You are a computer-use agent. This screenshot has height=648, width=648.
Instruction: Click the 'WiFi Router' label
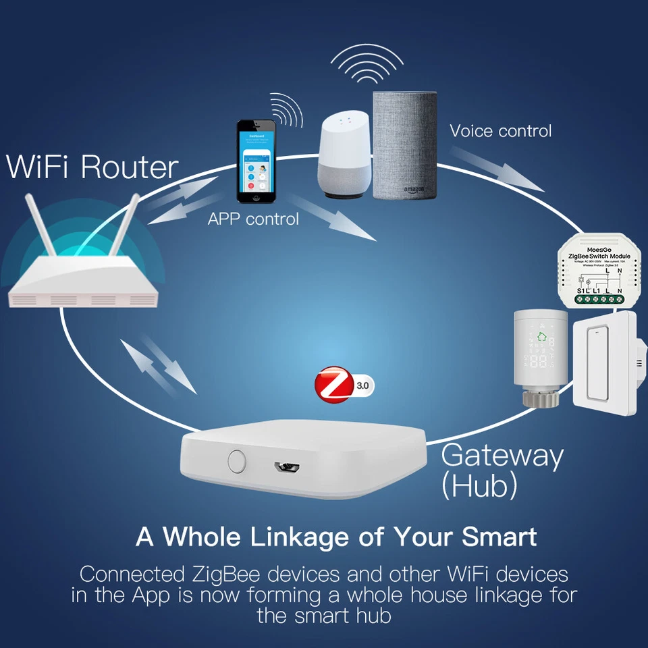[92, 167]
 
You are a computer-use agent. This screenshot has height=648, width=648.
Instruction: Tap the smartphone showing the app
[256, 161]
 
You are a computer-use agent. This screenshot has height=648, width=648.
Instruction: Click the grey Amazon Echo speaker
[405, 145]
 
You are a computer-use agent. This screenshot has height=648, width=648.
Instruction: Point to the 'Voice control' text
[500, 130]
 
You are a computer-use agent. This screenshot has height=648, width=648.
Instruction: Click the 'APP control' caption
[253, 219]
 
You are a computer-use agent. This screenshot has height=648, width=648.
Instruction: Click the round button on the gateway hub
[236, 461]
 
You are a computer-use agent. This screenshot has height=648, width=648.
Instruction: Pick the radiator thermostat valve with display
[541, 358]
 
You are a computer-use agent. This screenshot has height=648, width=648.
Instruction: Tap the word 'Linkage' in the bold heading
[292, 537]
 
